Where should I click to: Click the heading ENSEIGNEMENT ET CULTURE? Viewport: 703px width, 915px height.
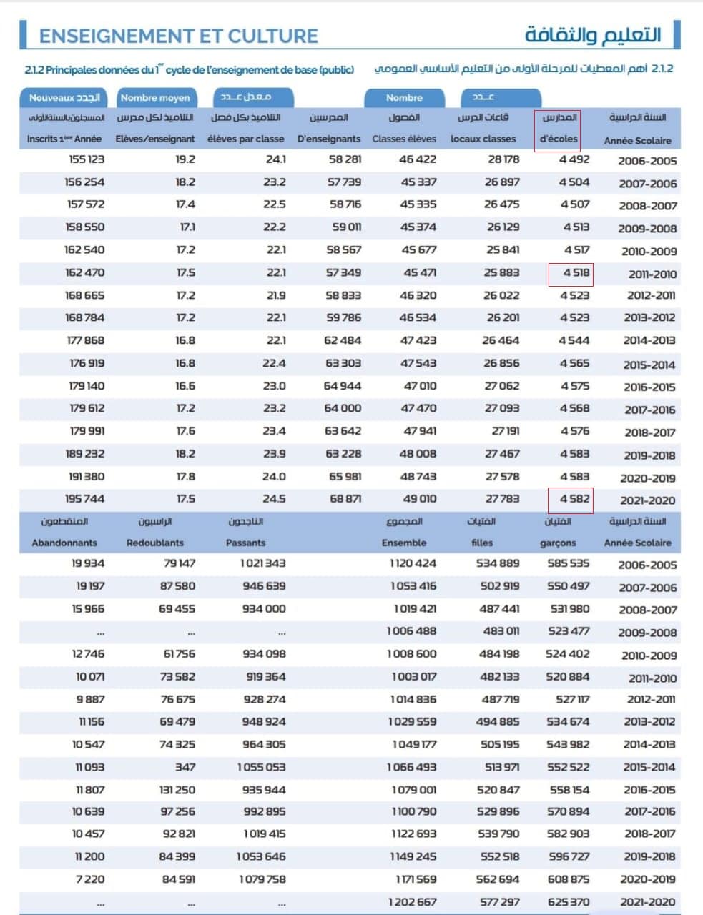click(x=178, y=36)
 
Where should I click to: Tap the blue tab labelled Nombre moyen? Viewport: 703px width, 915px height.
click(x=155, y=98)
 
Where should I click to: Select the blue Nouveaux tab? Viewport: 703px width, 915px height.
click(x=64, y=98)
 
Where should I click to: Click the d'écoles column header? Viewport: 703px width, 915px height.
click(x=559, y=139)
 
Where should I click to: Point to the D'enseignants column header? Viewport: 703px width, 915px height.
click(x=329, y=139)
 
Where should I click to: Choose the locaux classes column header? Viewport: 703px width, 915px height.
click(x=483, y=139)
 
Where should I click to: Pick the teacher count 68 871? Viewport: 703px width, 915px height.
click(x=345, y=499)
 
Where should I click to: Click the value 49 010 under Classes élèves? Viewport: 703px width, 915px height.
click(x=418, y=499)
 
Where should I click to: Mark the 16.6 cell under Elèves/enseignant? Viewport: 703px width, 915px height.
click(x=185, y=386)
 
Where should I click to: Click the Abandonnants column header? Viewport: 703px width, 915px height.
click(x=64, y=543)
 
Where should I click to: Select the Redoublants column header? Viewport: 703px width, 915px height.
click(x=155, y=543)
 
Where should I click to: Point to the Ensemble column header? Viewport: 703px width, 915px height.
click(x=404, y=543)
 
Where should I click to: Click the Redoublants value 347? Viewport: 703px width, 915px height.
click(x=185, y=767)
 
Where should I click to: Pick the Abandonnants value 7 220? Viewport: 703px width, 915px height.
click(x=89, y=879)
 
